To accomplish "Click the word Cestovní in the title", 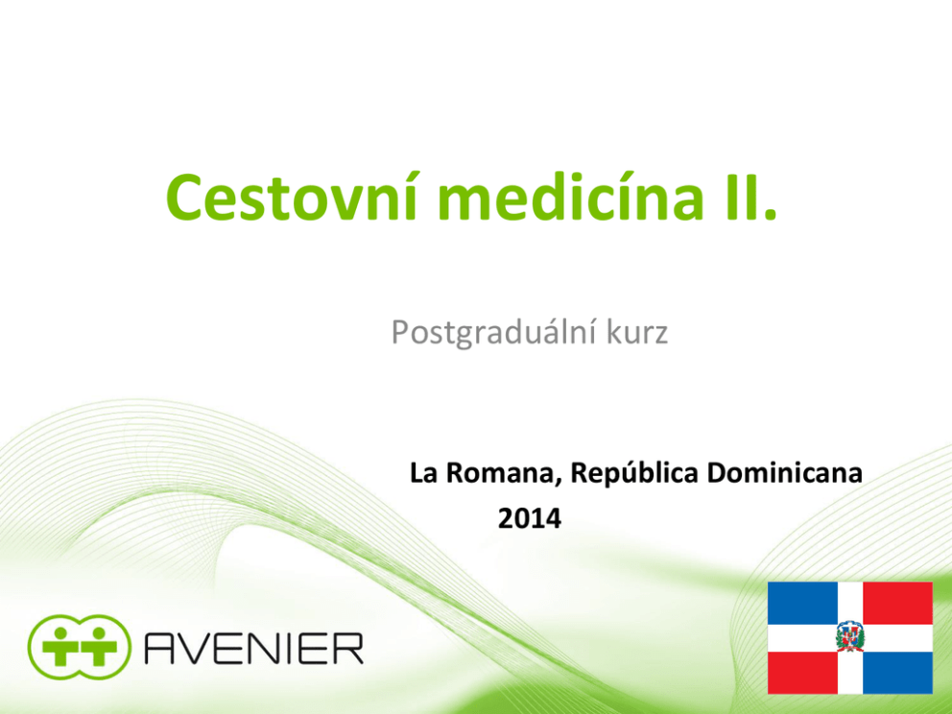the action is click(x=292, y=198).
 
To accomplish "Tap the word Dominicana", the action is click(x=784, y=473).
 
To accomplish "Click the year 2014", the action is click(x=530, y=519).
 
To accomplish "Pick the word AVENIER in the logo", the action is click(x=253, y=649).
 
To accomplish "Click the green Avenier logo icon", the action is click(x=79, y=647).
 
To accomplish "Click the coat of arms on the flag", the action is click(x=850, y=637).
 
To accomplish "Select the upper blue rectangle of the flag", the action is click(x=802, y=603).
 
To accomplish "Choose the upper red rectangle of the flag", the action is click(x=897, y=603).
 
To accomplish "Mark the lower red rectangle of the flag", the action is click(x=802, y=673).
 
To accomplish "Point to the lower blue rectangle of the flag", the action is click(x=897, y=673).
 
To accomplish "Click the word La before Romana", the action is click(x=424, y=473).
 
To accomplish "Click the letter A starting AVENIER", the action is click(x=160, y=649).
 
